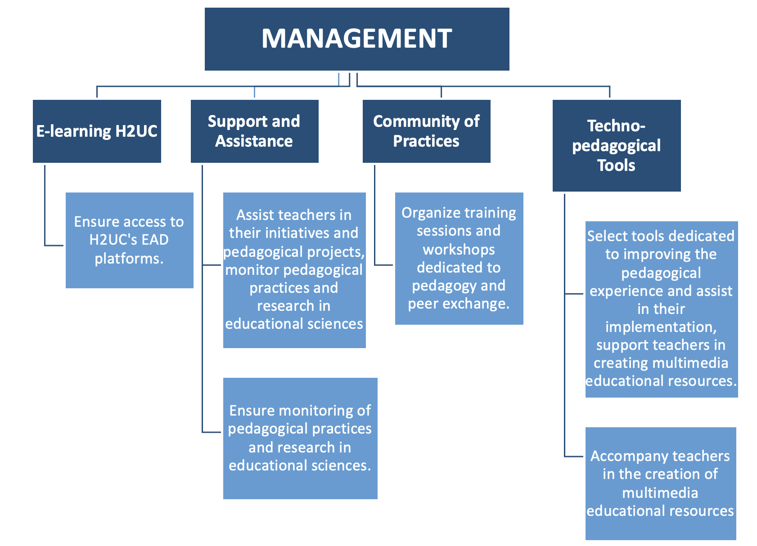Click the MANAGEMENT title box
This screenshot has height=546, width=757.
click(x=356, y=39)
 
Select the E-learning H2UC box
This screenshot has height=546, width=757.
click(x=97, y=131)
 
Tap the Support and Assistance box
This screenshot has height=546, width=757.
click(x=254, y=131)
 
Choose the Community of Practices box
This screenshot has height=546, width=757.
click(x=426, y=131)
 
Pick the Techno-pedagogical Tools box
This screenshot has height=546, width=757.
click(x=616, y=145)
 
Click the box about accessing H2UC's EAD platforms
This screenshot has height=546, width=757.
click(x=129, y=240)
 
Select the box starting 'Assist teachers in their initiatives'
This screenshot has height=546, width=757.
click(x=294, y=270)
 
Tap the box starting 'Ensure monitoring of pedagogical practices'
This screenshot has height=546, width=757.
click(x=300, y=438)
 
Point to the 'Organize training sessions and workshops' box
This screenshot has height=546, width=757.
click(x=459, y=258)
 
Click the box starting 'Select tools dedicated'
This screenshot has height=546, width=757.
click(x=661, y=309)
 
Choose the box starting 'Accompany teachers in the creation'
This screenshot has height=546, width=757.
click(x=660, y=483)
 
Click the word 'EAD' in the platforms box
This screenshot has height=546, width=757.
click(x=154, y=240)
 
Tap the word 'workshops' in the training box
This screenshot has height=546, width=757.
click(x=459, y=249)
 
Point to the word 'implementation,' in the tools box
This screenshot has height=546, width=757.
click(x=661, y=327)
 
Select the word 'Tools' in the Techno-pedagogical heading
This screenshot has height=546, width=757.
click(x=616, y=165)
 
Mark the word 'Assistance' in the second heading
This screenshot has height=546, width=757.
click(x=254, y=141)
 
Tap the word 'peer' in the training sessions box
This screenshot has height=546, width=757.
click(x=424, y=304)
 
